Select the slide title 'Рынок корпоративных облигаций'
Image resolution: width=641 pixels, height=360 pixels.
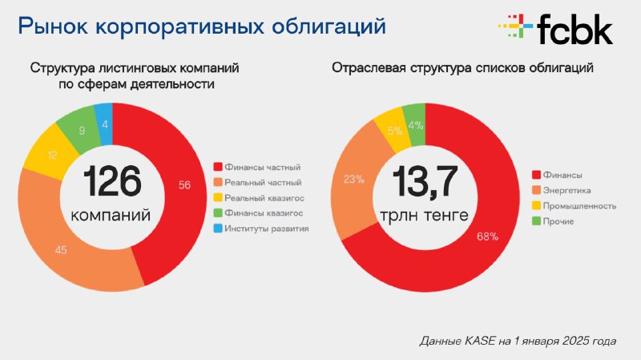click(x=202, y=26)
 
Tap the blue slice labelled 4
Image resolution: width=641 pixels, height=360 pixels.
click(x=104, y=124)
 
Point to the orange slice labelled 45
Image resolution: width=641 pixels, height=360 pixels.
click(x=62, y=249)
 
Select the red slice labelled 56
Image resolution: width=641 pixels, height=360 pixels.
click(x=184, y=186)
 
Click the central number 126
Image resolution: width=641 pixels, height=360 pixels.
click(x=112, y=182)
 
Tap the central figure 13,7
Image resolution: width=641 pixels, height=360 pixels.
click(x=425, y=182)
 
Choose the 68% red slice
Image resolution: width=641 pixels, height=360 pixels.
click(x=486, y=237)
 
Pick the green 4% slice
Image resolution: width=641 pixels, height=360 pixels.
click(x=414, y=125)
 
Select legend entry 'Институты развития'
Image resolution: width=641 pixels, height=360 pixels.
click(x=261, y=229)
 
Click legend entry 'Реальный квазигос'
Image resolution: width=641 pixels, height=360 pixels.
click(x=259, y=198)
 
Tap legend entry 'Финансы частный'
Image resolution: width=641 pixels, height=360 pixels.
click(x=256, y=167)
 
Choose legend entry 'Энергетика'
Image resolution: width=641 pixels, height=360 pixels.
click(x=562, y=191)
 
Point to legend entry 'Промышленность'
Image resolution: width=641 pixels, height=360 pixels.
click(x=574, y=206)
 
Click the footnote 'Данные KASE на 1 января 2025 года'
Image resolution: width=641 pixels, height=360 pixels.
click(x=518, y=341)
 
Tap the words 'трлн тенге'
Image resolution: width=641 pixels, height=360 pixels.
click(x=425, y=215)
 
